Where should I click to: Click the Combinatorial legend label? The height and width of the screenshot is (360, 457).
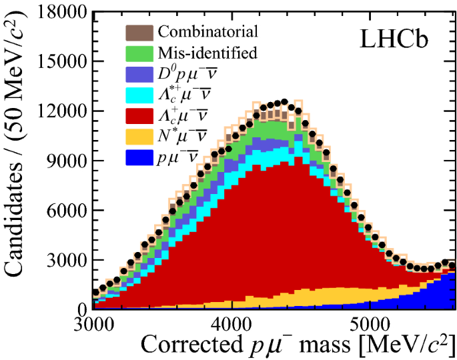click(x=207, y=31)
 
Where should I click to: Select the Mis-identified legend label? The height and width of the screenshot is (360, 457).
click(x=207, y=51)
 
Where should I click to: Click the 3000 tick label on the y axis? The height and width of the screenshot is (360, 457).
click(x=65, y=260)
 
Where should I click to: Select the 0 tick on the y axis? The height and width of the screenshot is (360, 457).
click(x=81, y=309)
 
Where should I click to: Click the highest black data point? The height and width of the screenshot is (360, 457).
click(x=284, y=102)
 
